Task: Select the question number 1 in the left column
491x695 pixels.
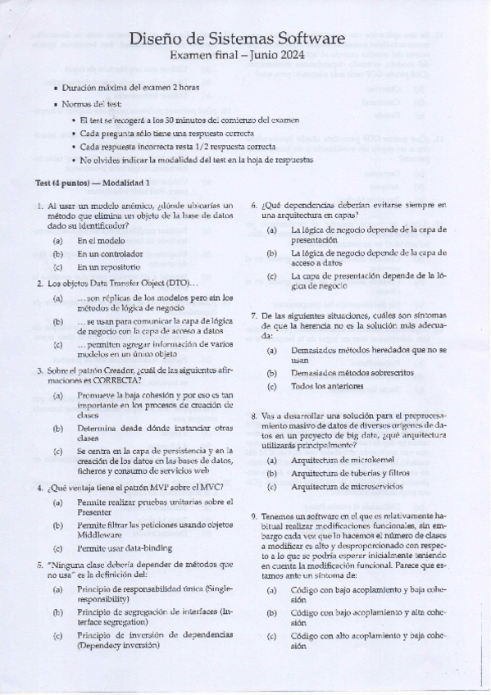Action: click(x=40, y=206)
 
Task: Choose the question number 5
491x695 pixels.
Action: click(x=40, y=565)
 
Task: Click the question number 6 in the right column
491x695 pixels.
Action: click(x=255, y=206)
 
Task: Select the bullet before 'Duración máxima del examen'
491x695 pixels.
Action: click(x=55, y=86)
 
